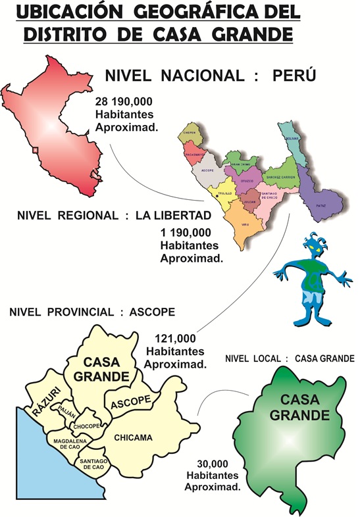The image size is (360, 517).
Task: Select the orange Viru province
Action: [x=244, y=224]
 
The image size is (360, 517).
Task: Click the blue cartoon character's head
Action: [x=314, y=247]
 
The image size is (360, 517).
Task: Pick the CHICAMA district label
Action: [x=133, y=437]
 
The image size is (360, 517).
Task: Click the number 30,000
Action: [x=213, y=463]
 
